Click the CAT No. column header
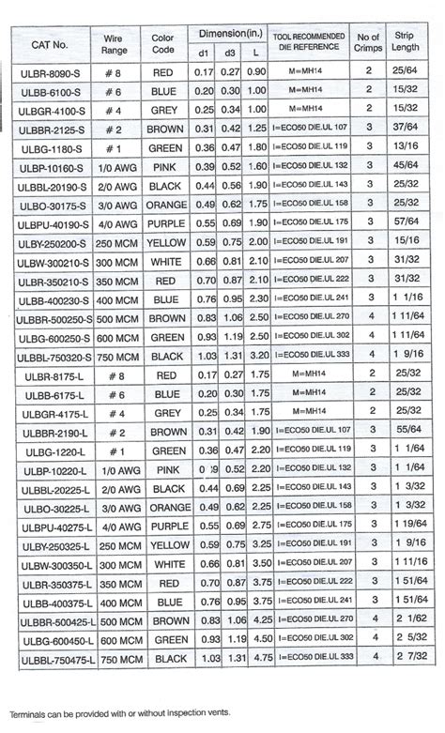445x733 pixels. click(x=50, y=44)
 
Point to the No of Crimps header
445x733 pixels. click(x=369, y=44)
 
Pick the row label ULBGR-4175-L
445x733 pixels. click(x=50, y=413)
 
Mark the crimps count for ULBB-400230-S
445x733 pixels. click(x=369, y=298)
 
